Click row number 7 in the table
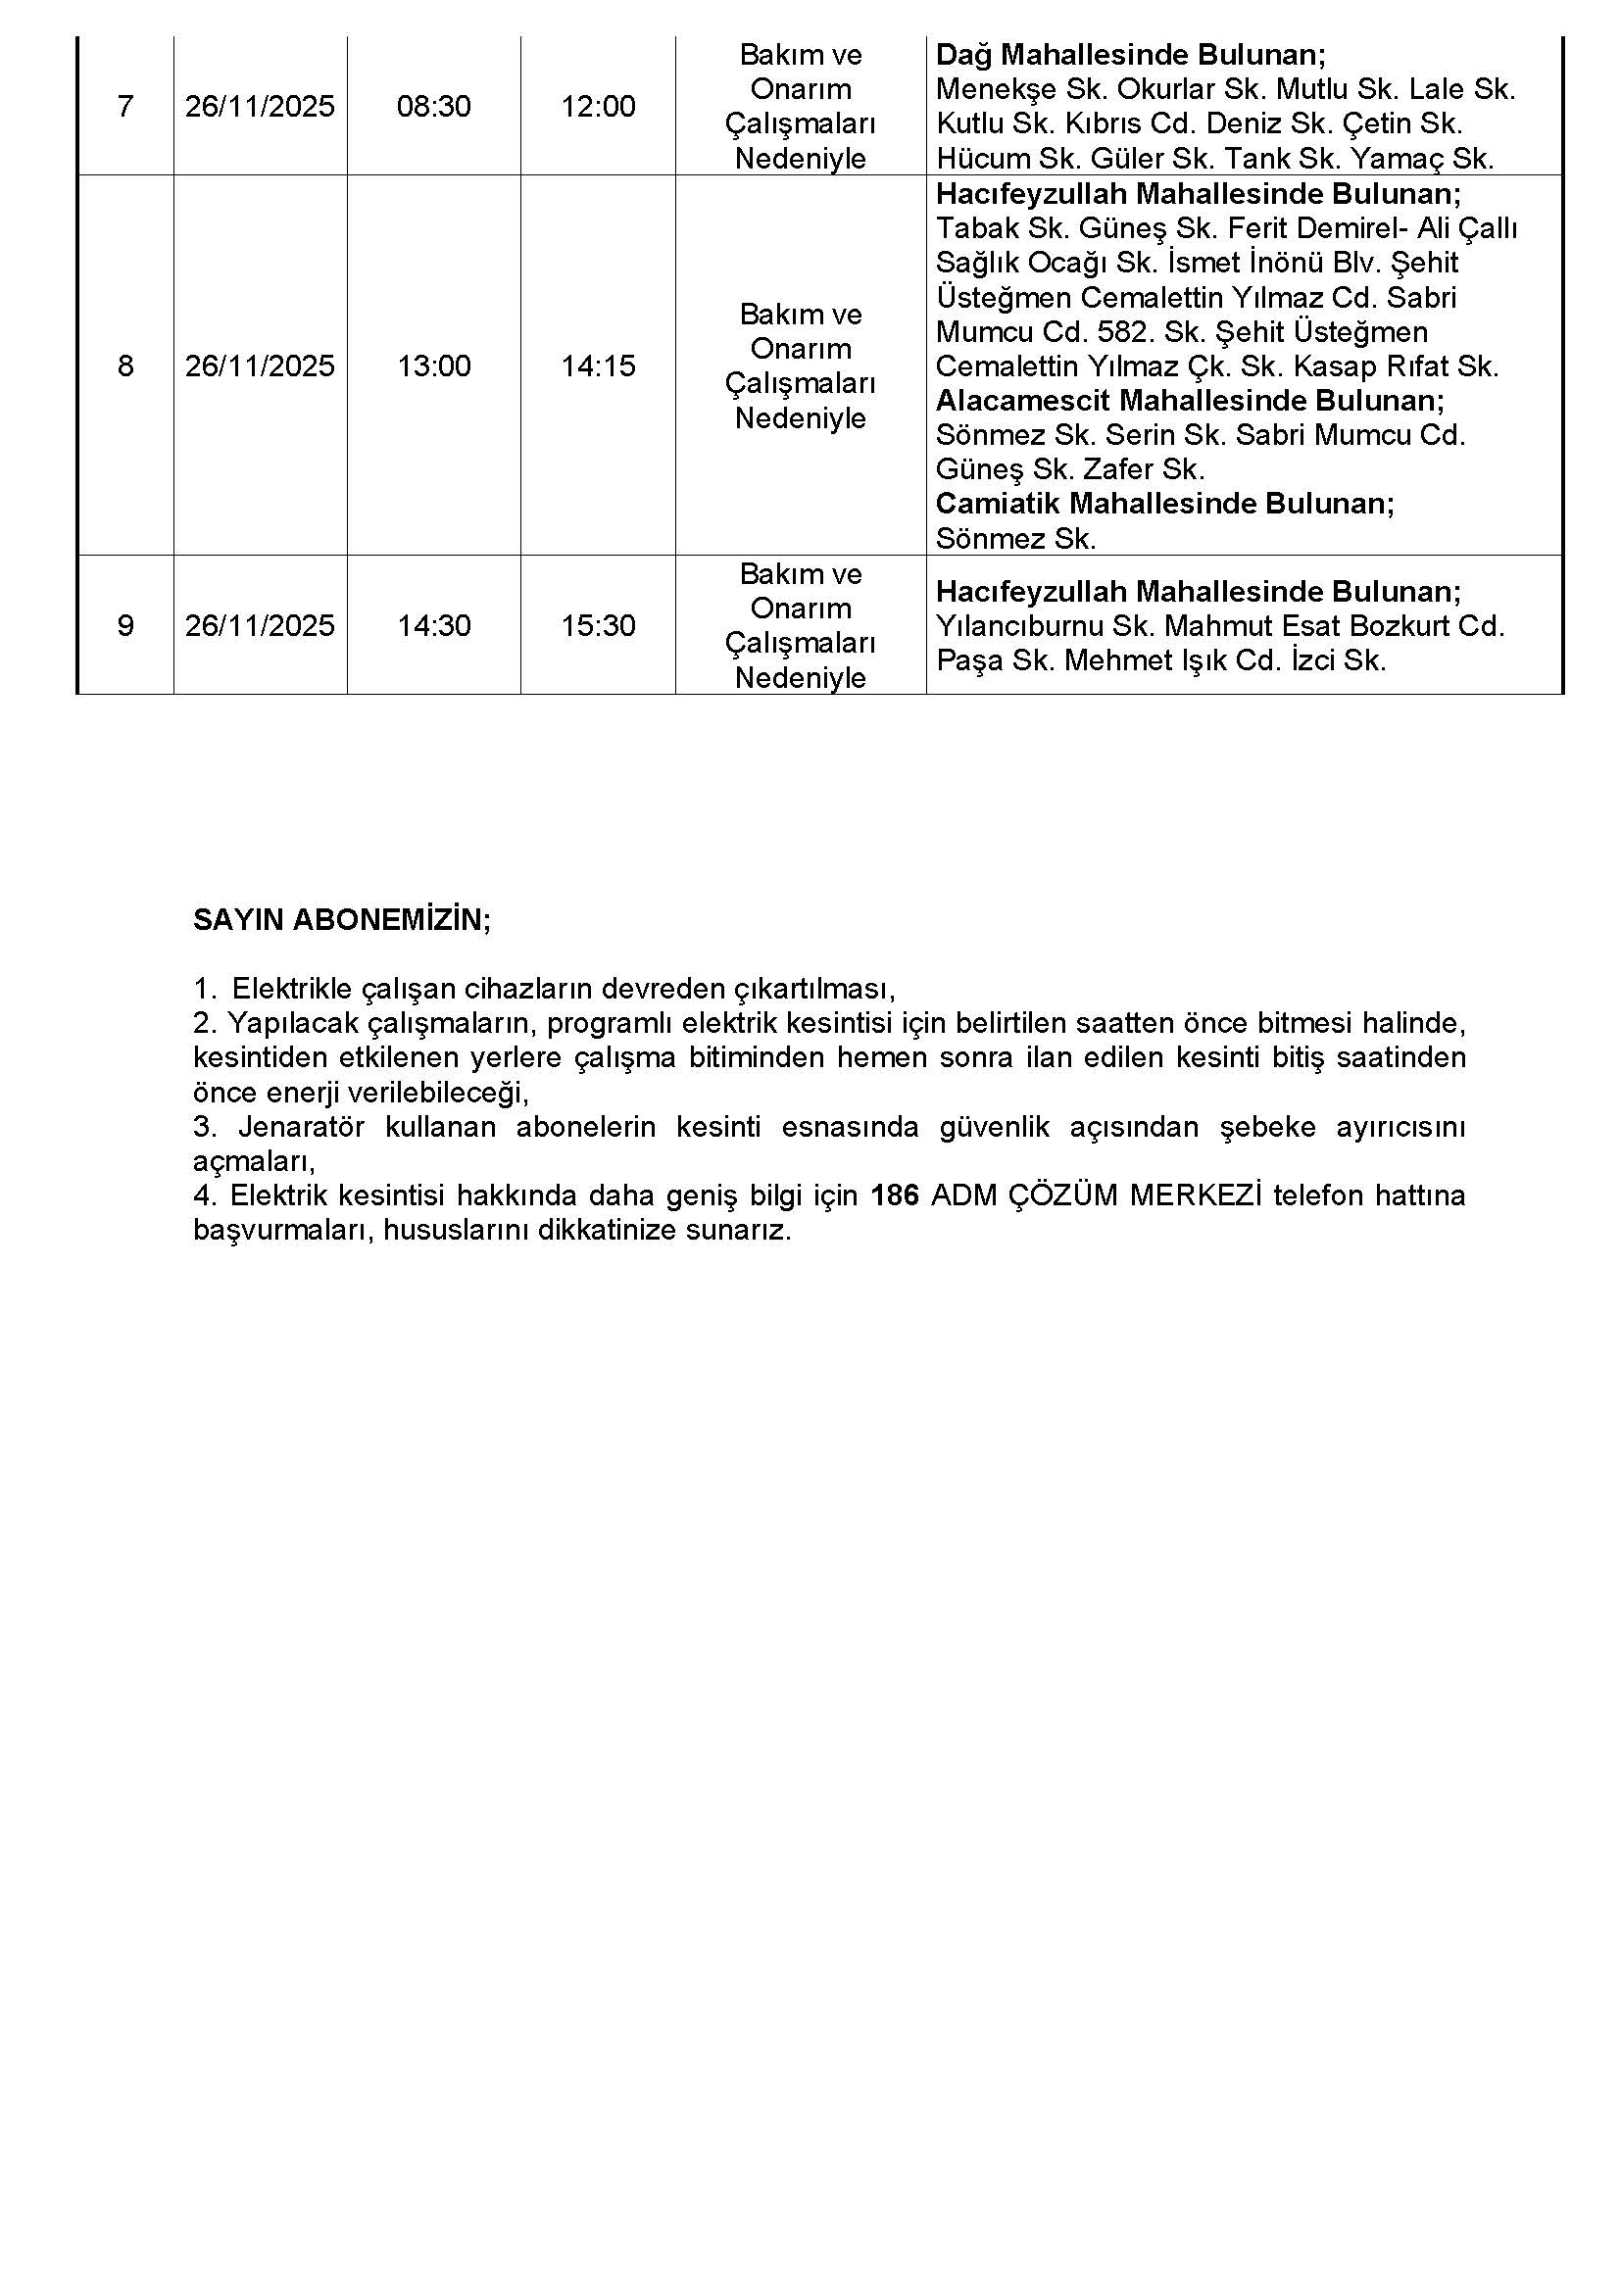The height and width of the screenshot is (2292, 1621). tap(124, 107)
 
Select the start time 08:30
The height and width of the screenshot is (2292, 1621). tap(433, 107)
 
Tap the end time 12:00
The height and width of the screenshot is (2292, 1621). tap(598, 107)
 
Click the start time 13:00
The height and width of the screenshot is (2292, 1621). tap(433, 366)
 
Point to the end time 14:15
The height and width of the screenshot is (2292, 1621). tap(598, 366)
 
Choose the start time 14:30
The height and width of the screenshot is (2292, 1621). tap(433, 626)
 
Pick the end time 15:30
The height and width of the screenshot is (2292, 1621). tap(598, 626)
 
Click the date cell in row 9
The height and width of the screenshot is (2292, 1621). tap(260, 626)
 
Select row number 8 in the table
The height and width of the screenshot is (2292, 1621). tap(124, 366)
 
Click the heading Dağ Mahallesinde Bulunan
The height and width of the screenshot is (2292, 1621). tap(1131, 55)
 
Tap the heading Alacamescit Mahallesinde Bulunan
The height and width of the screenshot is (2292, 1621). tap(1190, 402)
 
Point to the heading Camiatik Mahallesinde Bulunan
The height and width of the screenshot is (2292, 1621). tap(1165, 503)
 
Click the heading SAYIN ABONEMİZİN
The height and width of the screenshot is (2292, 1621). tap(341, 919)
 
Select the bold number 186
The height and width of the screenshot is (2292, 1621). tap(895, 1195)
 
